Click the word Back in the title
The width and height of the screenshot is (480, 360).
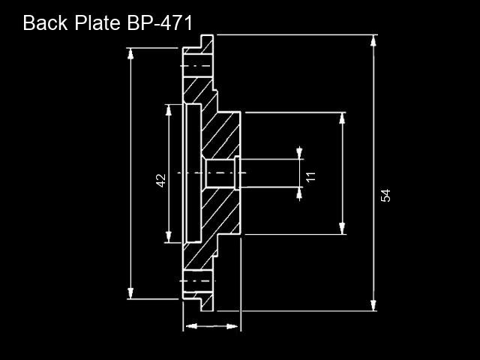click(x=45, y=22)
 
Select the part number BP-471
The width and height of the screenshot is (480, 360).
click(x=160, y=22)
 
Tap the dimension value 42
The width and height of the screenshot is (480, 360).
click(x=160, y=180)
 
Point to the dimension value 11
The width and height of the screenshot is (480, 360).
click(x=310, y=177)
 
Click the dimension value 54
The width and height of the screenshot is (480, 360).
click(x=385, y=195)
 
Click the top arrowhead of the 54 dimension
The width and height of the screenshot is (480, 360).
click(x=373, y=40)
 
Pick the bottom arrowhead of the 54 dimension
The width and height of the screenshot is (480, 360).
click(x=373, y=305)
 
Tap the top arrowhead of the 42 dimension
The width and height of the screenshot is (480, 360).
click(x=168, y=110)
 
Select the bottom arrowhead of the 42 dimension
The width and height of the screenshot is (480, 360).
click(x=168, y=237)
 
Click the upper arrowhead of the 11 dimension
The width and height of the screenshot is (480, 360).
click(x=299, y=153)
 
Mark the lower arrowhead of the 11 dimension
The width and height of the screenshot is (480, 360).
click(x=299, y=193)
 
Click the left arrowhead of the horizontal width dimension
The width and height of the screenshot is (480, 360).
click(x=191, y=326)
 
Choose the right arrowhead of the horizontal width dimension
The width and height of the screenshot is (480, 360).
click(x=232, y=326)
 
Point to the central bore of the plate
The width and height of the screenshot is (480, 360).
click(x=220, y=173)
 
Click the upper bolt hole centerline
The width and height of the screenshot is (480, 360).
click(x=196, y=66)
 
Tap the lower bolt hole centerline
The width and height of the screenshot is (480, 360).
click(x=197, y=280)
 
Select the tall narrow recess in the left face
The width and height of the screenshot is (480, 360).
click(x=193, y=173)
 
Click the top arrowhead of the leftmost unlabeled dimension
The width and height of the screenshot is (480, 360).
click(x=130, y=54)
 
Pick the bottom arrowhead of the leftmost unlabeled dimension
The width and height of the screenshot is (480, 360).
click(x=130, y=293)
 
